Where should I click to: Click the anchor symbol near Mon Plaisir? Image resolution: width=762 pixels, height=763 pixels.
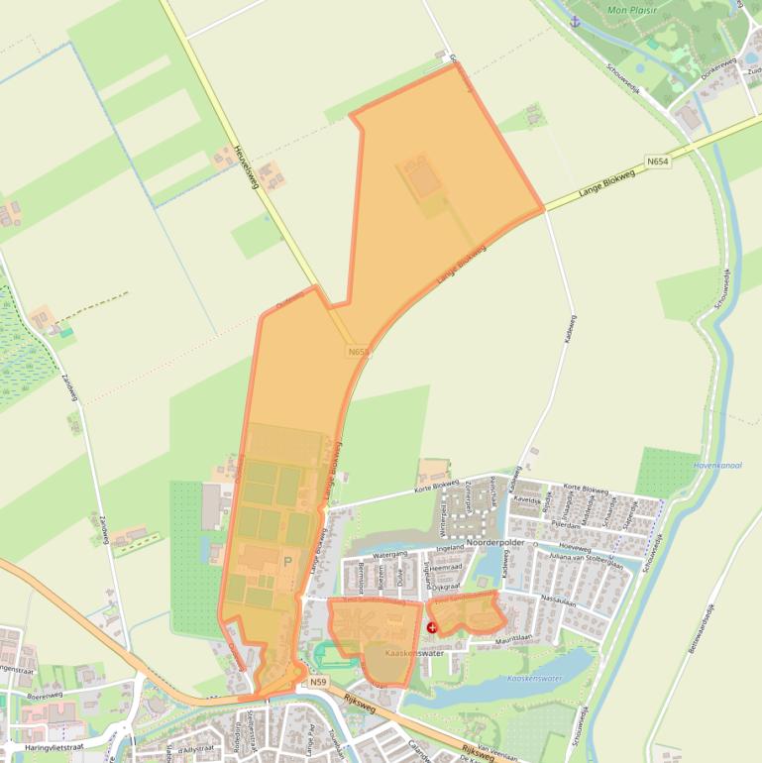click(574, 21)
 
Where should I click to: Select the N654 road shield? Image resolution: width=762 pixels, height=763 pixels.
click(655, 161)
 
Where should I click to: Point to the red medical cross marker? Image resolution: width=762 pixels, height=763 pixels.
click(432, 627)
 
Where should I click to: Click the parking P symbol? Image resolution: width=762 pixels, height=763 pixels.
click(288, 561)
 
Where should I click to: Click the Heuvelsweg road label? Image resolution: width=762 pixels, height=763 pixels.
click(247, 168)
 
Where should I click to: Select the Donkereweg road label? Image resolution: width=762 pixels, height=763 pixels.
click(719, 68)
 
